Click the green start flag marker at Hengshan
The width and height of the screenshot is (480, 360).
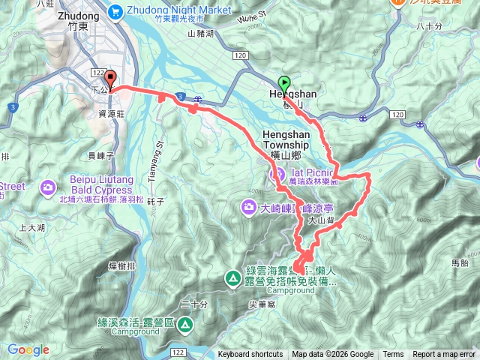(x=284, y=83)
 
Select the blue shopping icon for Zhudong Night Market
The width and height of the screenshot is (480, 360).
(x=114, y=10)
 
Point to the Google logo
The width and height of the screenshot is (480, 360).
(x=28, y=349)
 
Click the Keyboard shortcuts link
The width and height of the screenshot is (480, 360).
(x=250, y=355)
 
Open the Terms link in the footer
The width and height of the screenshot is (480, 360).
(x=393, y=355)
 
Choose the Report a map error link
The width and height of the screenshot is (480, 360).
(x=444, y=355)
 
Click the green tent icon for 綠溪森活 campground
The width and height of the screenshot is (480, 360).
(x=184, y=325)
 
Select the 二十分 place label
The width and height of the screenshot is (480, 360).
(x=193, y=304)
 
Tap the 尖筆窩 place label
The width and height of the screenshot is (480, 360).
(x=261, y=304)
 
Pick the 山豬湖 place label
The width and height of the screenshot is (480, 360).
(x=200, y=34)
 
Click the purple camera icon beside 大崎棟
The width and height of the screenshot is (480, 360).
(x=248, y=205)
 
